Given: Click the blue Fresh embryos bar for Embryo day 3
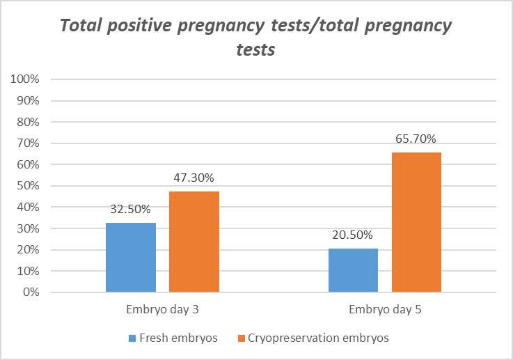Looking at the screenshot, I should pos(131,257).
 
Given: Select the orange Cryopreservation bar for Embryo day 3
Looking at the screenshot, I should pos(194,242).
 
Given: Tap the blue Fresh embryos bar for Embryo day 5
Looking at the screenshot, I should pos(353,270).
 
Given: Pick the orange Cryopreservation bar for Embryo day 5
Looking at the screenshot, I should pos(416,222).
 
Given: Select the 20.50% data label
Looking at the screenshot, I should pos(353,234).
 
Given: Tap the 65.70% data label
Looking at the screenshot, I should pos(416,137).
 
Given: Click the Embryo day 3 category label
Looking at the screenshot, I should pos(162,308).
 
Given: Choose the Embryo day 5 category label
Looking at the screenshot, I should pos(385,308).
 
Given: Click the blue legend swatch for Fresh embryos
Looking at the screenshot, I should pos(132,338).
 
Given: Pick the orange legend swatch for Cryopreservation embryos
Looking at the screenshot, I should pos(242,338).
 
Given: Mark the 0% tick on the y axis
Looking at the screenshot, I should pos(31,292).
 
